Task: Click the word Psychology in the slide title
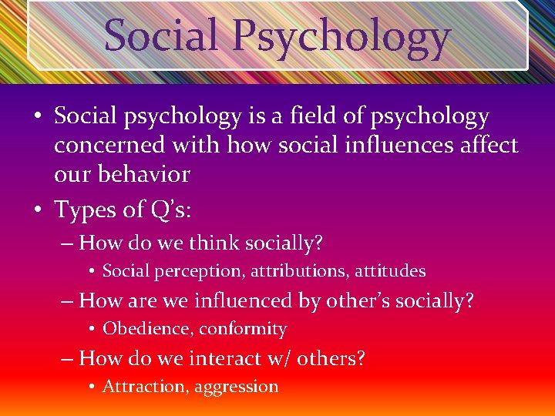click(x=342, y=36)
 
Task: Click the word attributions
click(x=292, y=271)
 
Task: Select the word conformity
click(x=243, y=329)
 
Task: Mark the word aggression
click(x=236, y=387)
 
